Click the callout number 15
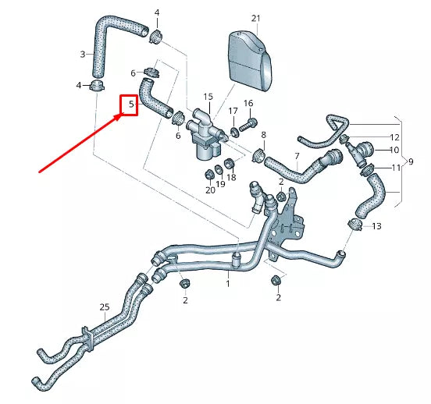coord(208,97)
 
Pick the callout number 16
coord(248,104)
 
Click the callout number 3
coord(83,54)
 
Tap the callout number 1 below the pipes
coord(228,285)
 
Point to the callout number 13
coord(377,226)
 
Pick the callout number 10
coord(394,150)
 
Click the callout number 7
coord(297,156)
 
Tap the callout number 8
coord(263,135)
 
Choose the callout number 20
coord(209,190)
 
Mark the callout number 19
coord(221,184)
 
